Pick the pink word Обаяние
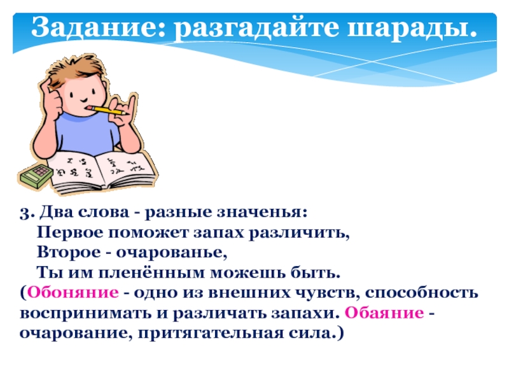(x=384, y=314)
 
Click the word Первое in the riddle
(x=64, y=232)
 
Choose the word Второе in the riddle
(x=63, y=253)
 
